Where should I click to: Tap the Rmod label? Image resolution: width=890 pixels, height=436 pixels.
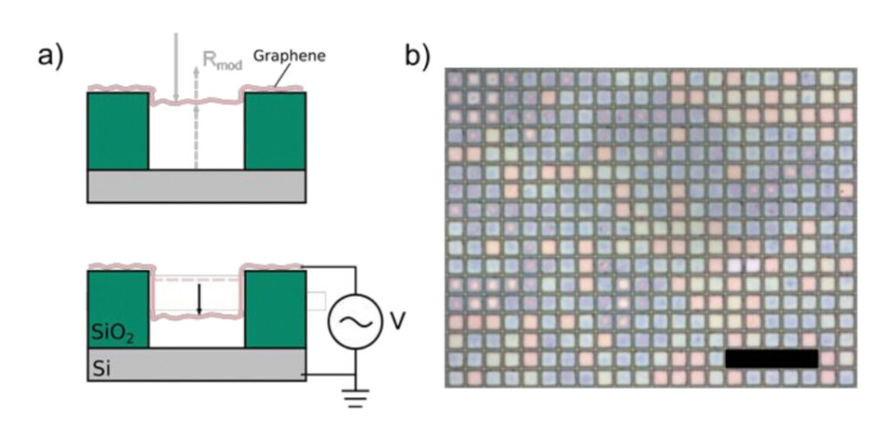pyautogui.click(x=222, y=61)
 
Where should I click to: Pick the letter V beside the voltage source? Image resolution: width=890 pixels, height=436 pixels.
pyautogui.click(x=397, y=322)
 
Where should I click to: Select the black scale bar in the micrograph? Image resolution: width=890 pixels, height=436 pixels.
pyautogui.click(x=771, y=358)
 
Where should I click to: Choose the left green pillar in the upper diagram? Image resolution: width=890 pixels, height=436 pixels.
pyautogui.click(x=118, y=131)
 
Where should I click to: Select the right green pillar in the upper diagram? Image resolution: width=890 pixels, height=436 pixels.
pyautogui.click(x=275, y=131)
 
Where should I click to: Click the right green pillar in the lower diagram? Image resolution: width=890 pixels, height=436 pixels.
pyautogui.click(x=275, y=309)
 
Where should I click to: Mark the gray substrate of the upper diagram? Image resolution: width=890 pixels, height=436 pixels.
pyautogui.click(x=196, y=186)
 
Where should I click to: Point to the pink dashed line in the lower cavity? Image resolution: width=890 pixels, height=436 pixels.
pyautogui.click(x=196, y=280)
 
